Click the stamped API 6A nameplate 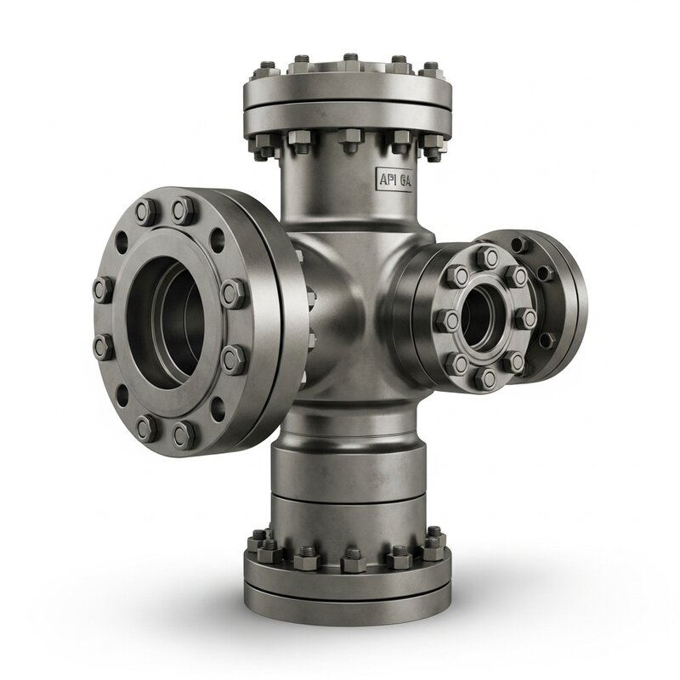(394, 179)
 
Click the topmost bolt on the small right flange (487, 256)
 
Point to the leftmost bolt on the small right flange (444, 320)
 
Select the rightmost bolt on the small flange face (526, 317)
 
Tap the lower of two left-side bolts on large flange (101, 347)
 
